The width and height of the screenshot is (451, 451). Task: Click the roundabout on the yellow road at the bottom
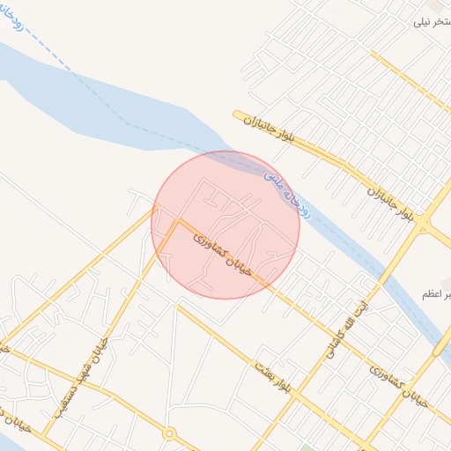coord(170,433)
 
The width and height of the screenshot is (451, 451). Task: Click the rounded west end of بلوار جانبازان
coord(236,115)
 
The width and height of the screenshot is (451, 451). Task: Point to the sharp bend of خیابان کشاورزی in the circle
coord(179,220)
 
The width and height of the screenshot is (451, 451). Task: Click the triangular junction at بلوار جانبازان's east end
coord(424,228)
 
